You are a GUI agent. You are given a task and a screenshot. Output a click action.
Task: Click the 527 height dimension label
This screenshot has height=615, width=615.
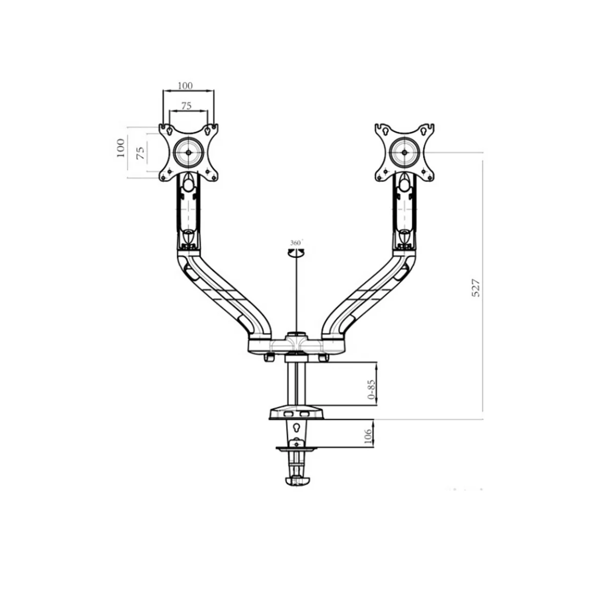click(476, 289)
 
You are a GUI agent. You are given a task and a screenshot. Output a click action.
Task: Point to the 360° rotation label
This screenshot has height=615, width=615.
click(296, 242)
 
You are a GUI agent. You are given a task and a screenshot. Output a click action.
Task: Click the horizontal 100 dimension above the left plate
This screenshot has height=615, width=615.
click(186, 86)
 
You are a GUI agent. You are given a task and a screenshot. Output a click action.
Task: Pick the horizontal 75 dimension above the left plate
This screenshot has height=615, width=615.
click(187, 106)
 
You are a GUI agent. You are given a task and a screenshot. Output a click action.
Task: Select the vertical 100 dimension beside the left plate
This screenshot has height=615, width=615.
click(121, 148)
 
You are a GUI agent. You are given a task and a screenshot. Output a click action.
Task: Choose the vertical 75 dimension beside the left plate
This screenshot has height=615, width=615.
click(140, 153)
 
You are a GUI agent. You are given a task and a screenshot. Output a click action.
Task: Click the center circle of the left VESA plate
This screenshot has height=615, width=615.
click(188, 152)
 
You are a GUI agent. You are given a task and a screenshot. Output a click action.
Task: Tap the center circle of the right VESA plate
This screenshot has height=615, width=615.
click(405, 152)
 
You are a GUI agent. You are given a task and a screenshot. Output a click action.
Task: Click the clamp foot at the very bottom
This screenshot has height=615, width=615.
click(298, 480)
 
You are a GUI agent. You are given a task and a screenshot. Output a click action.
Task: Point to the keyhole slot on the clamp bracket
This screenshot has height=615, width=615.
click(297, 426)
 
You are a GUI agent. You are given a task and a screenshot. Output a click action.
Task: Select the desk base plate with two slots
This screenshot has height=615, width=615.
click(297, 413)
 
